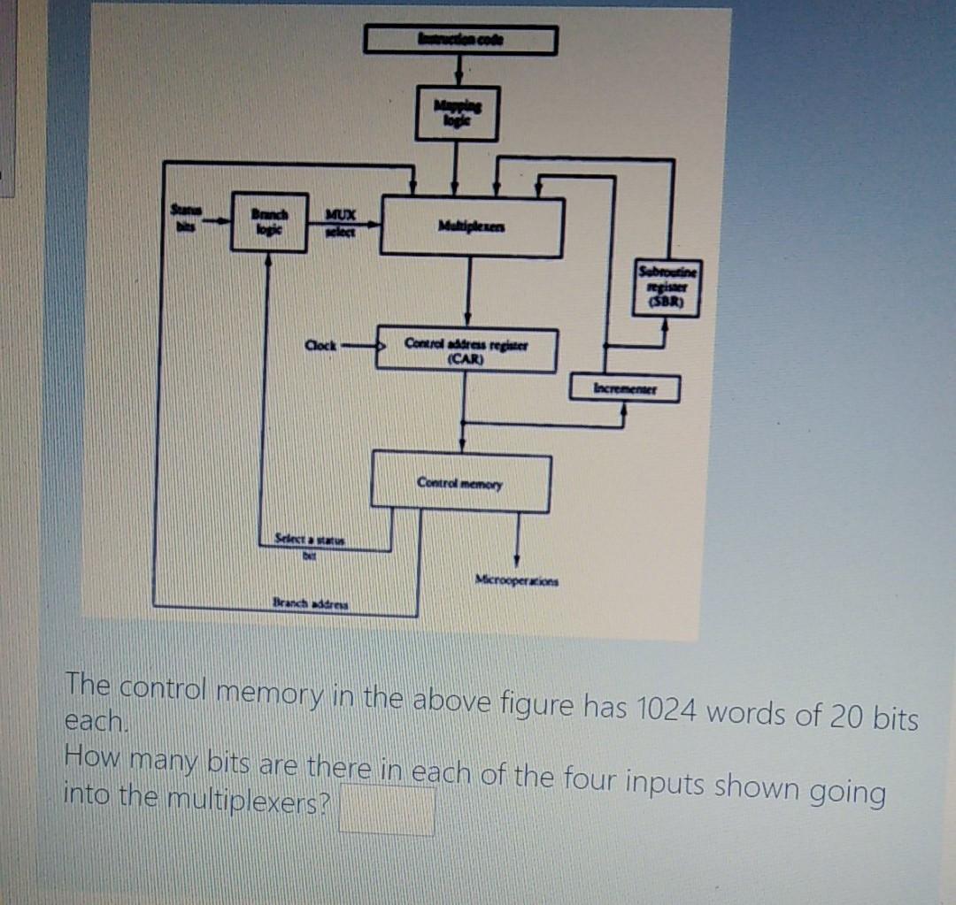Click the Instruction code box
460,39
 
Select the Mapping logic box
458,112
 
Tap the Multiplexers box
472,226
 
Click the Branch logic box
269,222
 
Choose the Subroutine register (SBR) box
664,286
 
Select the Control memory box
460,482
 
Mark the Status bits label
186,214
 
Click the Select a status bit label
309,541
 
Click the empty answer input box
387,809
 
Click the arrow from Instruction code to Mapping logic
458,68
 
